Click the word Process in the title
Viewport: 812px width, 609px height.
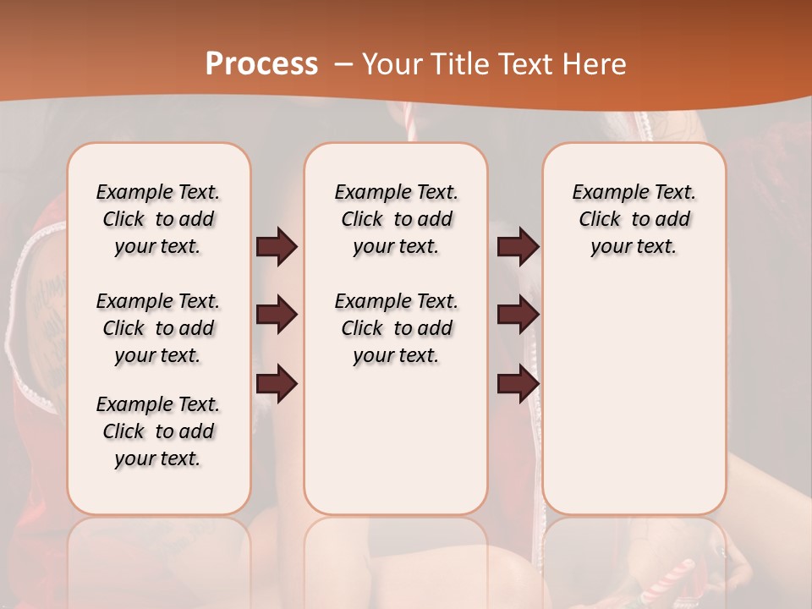click(x=261, y=64)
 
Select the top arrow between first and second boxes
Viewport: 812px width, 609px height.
click(x=277, y=247)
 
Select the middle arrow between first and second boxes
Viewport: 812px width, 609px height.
click(x=277, y=315)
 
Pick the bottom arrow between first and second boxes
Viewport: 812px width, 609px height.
click(x=277, y=384)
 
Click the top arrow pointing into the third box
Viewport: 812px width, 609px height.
click(x=518, y=247)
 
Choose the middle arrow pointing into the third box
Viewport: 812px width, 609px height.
click(x=518, y=315)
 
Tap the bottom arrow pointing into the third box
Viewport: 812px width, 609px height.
click(x=518, y=384)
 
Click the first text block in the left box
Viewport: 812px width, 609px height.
click(x=158, y=219)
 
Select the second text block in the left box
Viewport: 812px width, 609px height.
click(x=158, y=328)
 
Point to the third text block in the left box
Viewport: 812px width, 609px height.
click(x=158, y=431)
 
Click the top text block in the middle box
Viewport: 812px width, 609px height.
click(x=396, y=219)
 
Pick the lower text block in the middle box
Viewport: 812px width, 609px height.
click(x=396, y=328)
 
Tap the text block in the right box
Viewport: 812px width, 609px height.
click(x=634, y=219)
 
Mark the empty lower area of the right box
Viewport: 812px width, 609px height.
click(x=634, y=398)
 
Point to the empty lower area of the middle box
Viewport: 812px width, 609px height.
click(x=396, y=440)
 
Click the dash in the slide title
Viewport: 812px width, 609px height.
click(x=345, y=64)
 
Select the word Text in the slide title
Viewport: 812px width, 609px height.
click(x=524, y=64)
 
